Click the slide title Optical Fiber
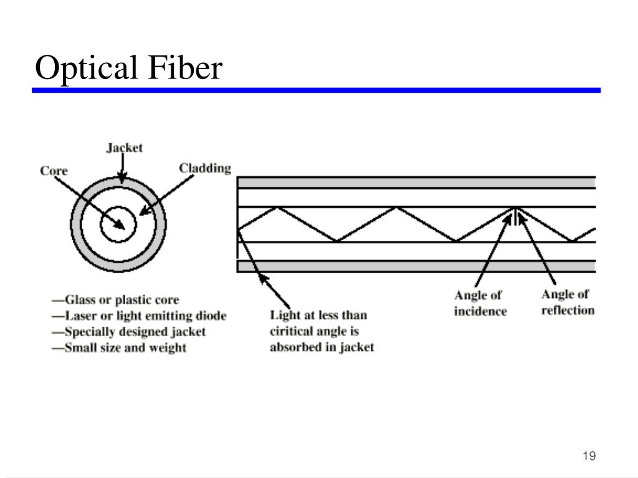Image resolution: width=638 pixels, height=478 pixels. click(x=128, y=67)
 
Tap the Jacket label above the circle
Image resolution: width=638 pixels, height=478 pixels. click(x=125, y=148)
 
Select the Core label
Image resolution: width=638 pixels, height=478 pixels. click(x=54, y=171)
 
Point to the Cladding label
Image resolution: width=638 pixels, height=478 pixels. click(x=205, y=168)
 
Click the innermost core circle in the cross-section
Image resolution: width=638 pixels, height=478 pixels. click(x=118, y=207)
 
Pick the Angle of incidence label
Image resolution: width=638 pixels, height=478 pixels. click(x=480, y=303)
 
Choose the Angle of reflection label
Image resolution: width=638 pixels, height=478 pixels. click(x=568, y=302)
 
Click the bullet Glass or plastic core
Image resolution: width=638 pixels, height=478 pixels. click(x=115, y=300)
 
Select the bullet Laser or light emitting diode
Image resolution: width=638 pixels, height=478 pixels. click(x=139, y=316)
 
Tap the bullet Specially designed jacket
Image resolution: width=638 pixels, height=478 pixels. click(x=128, y=332)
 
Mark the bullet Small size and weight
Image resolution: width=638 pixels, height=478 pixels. click(x=119, y=348)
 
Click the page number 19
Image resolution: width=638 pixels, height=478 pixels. click(x=589, y=456)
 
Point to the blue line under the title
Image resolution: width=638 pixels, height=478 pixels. click(x=316, y=90)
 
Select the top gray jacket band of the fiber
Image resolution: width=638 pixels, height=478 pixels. click(x=417, y=183)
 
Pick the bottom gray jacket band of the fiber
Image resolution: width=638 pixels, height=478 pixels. click(x=417, y=266)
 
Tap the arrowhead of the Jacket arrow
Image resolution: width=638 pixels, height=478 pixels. click(x=122, y=177)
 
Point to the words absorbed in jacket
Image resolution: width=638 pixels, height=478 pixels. click(x=322, y=347)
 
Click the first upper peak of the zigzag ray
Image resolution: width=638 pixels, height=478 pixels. click(x=277, y=208)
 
